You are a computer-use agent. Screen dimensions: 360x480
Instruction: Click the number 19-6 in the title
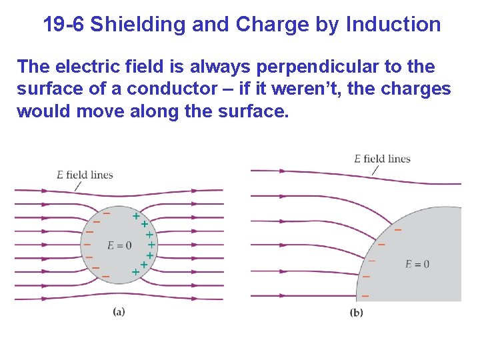point(64,25)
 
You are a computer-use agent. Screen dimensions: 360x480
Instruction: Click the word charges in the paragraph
point(422,89)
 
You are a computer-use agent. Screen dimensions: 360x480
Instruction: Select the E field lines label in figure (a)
point(85,175)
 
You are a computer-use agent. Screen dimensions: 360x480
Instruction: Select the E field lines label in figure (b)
point(382,159)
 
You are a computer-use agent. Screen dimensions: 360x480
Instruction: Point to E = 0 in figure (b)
point(417,264)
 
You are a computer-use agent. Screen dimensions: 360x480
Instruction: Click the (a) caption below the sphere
point(119,311)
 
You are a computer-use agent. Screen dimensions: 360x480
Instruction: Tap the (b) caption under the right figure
point(357,313)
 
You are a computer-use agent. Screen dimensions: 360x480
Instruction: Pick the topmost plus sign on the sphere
point(136,216)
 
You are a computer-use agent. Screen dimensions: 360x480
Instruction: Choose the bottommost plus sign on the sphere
point(135,272)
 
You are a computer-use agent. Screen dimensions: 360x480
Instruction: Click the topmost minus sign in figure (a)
point(106,213)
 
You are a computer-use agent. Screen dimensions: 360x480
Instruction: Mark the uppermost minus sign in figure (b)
point(398,230)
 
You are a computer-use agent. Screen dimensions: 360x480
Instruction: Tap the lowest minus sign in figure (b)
point(365,295)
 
